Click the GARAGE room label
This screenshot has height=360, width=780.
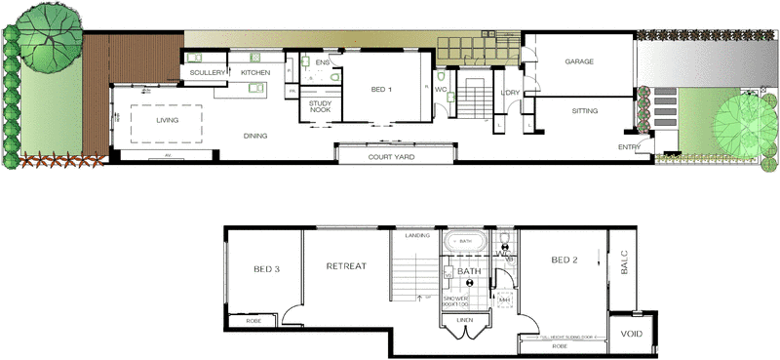[x=579, y=61]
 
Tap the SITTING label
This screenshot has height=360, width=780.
[x=585, y=111]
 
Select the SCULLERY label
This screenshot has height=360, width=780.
[x=208, y=73]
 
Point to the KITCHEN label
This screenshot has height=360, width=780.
[x=255, y=73]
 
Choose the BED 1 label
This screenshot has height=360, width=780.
[x=381, y=90]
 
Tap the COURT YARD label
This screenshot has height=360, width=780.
[x=394, y=156]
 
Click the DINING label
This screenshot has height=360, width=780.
[x=255, y=136]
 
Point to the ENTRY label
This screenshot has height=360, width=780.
[x=629, y=147]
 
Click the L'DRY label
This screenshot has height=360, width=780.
[x=510, y=93]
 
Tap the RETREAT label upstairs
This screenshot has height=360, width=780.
[x=345, y=265]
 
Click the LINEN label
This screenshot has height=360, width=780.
[x=464, y=319]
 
